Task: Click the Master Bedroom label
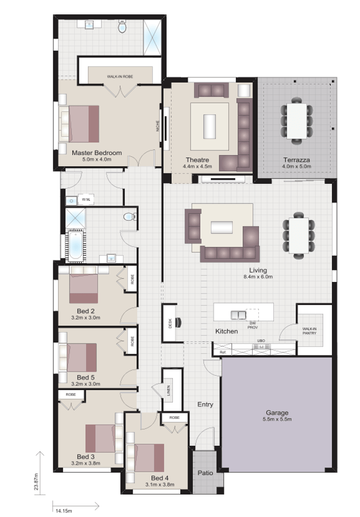pyautogui.click(x=96, y=153)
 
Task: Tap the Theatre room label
pyautogui.click(x=197, y=159)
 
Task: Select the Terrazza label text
pyautogui.click(x=296, y=159)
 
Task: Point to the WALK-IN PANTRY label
pyautogui.click(x=309, y=330)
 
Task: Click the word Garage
pyautogui.click(x=276, y=412)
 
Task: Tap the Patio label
pyautogui.click(x=205, y=474)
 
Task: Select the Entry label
pyautogui.click(x=205, y=404)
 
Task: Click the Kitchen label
pyautogui.click(x=226, y=332)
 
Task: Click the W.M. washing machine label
pyautogui.click(x=86, y=199)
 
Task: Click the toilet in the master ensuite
pyautogui.click(x=122, y=26)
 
